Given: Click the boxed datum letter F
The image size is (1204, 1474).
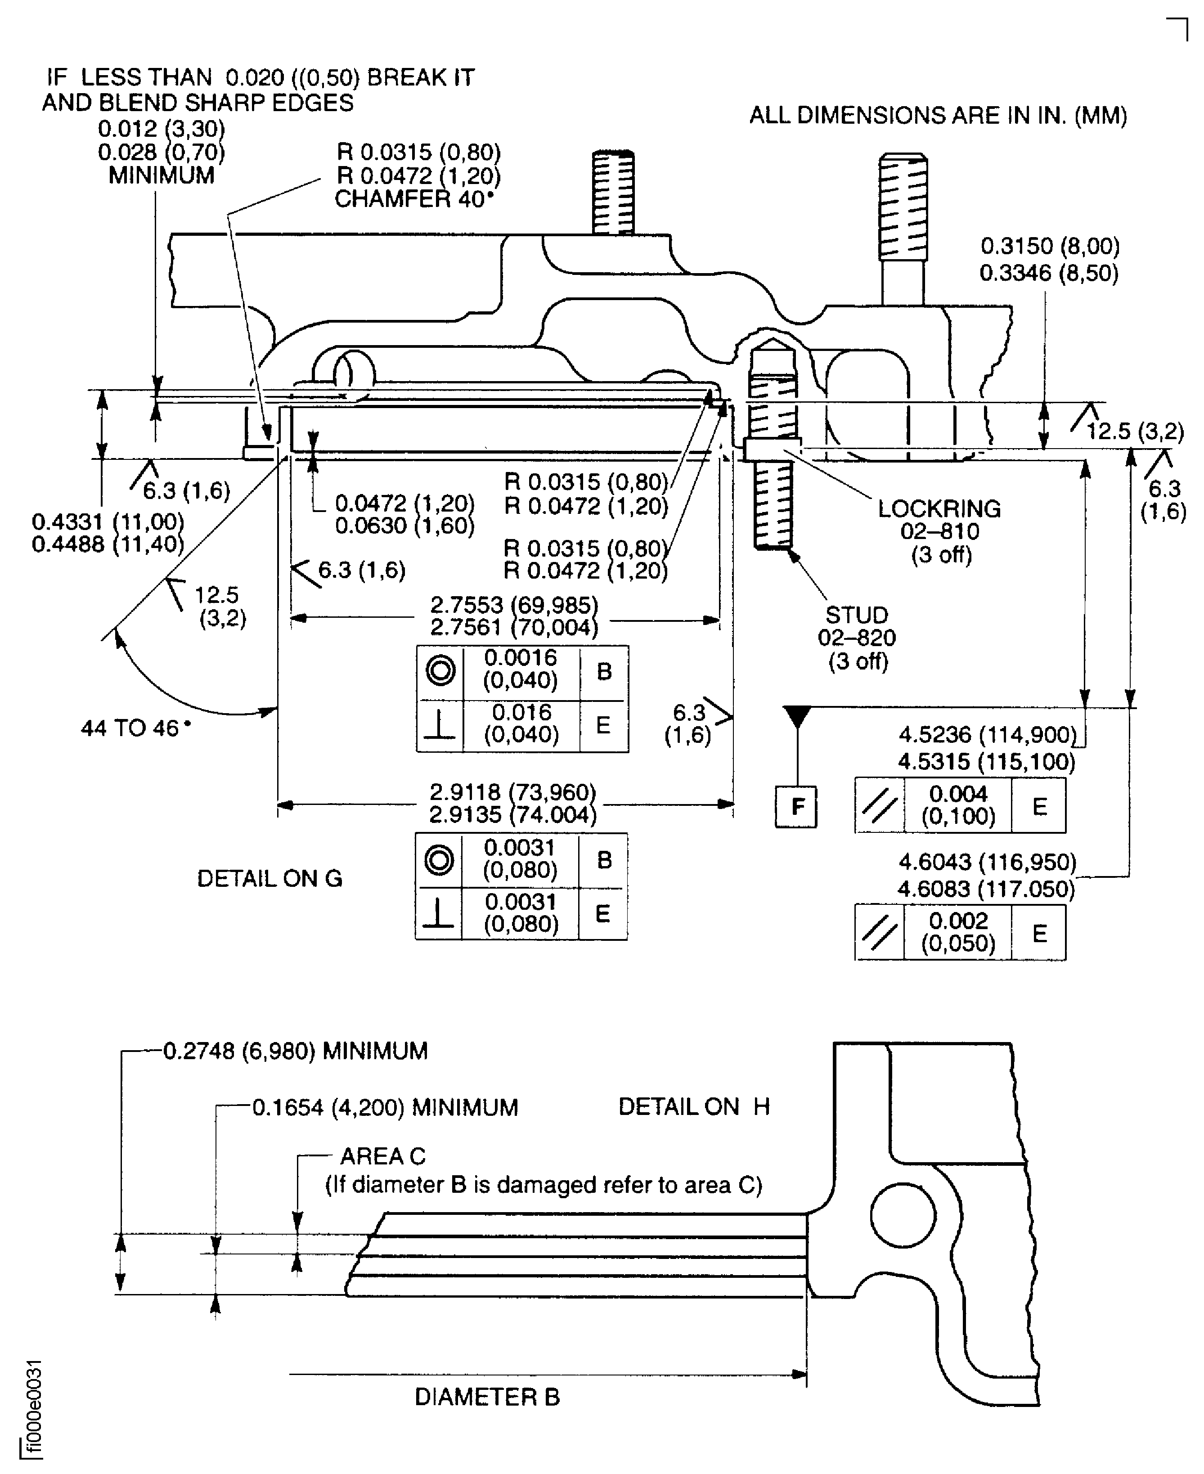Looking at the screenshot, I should click(x=797, y=807).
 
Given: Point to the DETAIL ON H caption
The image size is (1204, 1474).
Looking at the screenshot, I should click(x=693, y=1106).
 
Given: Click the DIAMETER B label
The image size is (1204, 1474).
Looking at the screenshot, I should click(x=487, y=1396).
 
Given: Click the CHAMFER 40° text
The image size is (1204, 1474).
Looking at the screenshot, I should click(x=414, y=199).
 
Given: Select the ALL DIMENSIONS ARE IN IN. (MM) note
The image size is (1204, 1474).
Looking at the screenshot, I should click(x=938, y=115).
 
